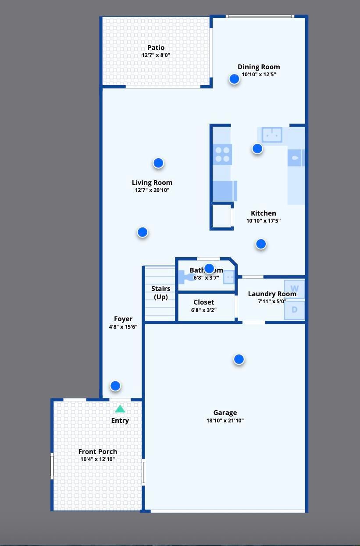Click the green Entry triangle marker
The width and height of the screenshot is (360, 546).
click(x=120, y=409)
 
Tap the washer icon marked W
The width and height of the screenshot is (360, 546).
click(x=294, y=289)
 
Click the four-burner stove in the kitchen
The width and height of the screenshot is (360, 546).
click(x=222, y=155)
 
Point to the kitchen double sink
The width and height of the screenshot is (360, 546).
click(x=272, y=135)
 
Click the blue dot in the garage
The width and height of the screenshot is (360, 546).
click(x=239, y=359)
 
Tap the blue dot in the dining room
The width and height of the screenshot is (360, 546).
click(x=234, y=79)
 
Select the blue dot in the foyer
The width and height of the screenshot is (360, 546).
click(x=115, y=386)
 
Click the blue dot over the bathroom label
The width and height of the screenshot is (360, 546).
click(x=209, y=268)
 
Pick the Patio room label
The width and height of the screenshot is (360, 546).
click(x=156, y=48)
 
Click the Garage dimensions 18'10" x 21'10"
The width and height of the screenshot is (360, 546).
click(x=225, y=421)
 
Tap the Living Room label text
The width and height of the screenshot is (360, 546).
click(x=152, y=183)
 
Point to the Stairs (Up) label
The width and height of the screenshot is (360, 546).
click(x=160, y=293)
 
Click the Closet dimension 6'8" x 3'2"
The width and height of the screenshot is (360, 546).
click(x=204, y=310)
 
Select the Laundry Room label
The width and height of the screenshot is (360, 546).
click(x=272, y=294)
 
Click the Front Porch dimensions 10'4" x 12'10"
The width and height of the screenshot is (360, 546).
click(x=98, y=459)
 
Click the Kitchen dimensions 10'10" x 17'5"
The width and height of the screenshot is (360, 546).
click(x=263, y=221)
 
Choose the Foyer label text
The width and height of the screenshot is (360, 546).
click(x=123, y=319)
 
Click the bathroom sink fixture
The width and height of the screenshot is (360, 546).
click(x=228, y=277)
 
